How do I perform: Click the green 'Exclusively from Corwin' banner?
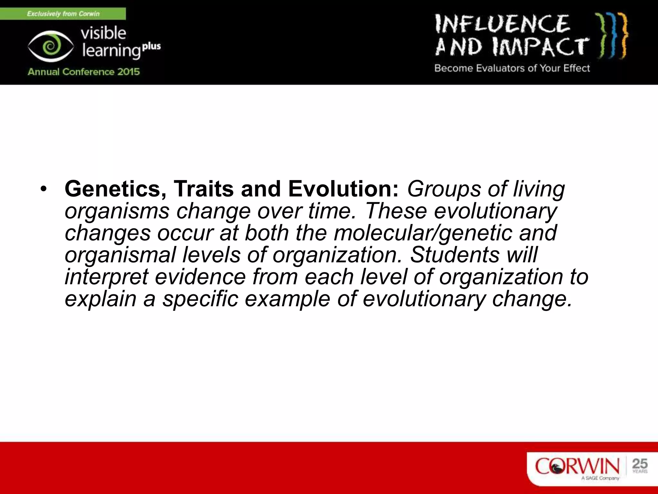(x=63, y=14)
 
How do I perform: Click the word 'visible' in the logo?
(x=103, y=33)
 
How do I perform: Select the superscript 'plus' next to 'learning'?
(x=151, y=46)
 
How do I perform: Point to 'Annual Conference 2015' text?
(x=84, y=71)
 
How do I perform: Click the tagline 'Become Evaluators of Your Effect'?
(x=512, y=68)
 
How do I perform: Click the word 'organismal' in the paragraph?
(x=120, y=255)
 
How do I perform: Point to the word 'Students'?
(x=455, y=255)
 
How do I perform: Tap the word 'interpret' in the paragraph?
(x=106, y=277)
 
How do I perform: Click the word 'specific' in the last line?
(x=200, y=299)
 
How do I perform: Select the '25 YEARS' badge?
(x=640, y=466)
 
